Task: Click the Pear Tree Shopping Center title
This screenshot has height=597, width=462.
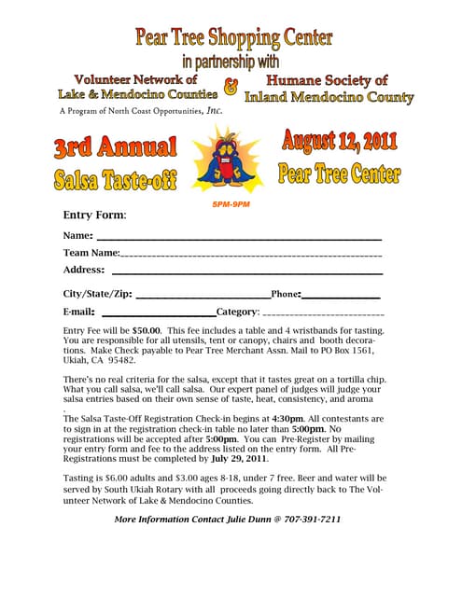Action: [x=233, y=38]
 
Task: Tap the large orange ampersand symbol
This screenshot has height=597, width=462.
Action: [x=231, y=90]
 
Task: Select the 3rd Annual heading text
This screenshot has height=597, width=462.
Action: [x=115, y=147]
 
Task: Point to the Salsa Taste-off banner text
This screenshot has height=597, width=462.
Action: [x=116, y=177]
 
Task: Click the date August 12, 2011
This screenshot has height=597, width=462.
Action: [x=340, y=142]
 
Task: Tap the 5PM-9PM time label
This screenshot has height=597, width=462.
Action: [x=231, y=203]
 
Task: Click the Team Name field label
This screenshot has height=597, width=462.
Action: [x=91, y=253]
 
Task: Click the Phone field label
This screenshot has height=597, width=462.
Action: [x=285, y=294]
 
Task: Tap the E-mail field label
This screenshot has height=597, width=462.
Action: [x=78, y=312]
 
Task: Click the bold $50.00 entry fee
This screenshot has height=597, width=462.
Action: [x=147, y=330]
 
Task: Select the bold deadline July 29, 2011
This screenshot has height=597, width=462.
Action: [x=239, y=459]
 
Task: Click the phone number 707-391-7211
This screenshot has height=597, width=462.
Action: [x=312, y=519]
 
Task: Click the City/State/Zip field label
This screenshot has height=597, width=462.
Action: [x=98, y=294]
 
